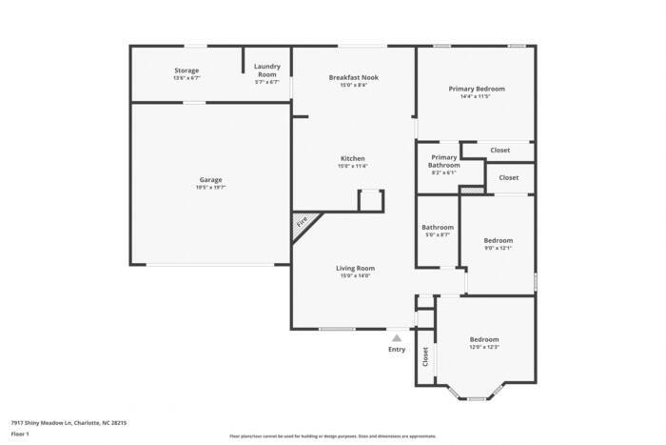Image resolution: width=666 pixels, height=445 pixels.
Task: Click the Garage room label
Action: click(x=211, y=179)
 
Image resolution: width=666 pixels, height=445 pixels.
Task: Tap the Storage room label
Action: click(x=186, y=71)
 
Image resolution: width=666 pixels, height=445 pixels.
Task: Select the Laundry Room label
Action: click(x=266, y=71)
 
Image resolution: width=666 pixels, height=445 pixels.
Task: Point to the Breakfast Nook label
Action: click(x=353, y=76)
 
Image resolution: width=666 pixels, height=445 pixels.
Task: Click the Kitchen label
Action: click(x=353, y=158)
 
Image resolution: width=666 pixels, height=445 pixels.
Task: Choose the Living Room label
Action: click(x=353, y=268)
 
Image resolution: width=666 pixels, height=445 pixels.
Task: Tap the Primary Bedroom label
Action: click(x=477, y=89)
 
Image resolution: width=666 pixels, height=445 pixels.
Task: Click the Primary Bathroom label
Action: click(x=444, y=161)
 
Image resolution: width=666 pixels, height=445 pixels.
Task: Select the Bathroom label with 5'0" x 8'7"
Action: click(x=438, y=227)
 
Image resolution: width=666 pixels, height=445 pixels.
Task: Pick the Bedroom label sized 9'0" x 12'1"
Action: click(x=498, y=240)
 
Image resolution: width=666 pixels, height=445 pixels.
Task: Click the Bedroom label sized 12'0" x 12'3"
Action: click(x=483, y=339)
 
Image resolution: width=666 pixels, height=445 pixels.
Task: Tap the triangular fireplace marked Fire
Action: click(x=302, y=224)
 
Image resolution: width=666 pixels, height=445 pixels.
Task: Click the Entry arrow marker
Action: click(x=397, y=336)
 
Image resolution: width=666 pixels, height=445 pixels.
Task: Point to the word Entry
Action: click(x=397, y=349)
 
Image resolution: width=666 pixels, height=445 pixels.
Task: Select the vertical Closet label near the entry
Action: click(x=425, y=356)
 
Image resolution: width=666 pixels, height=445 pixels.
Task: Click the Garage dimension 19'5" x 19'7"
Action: click(x=211, y=187)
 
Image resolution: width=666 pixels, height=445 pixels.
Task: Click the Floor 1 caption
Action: click(x=20, y=434)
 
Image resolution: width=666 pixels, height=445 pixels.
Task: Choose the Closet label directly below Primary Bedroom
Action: click(x=499, y=150)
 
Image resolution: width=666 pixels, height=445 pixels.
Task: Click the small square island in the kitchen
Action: click(x=370, y=201)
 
